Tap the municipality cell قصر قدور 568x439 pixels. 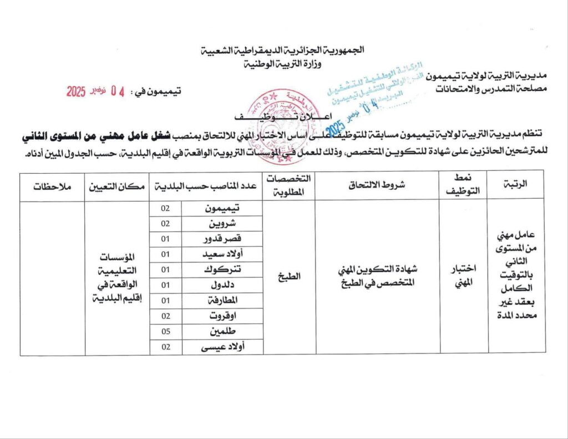click(x=222, y=239)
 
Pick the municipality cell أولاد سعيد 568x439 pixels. click(x=222, y=254)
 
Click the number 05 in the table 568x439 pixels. click(x=165, y=331)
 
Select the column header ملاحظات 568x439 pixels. click(x=52, y=186)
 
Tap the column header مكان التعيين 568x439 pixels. click(x=117, y=186)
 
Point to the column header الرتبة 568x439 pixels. click(x=516, y=186)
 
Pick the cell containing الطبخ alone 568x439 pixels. click(x=289, y=276)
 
